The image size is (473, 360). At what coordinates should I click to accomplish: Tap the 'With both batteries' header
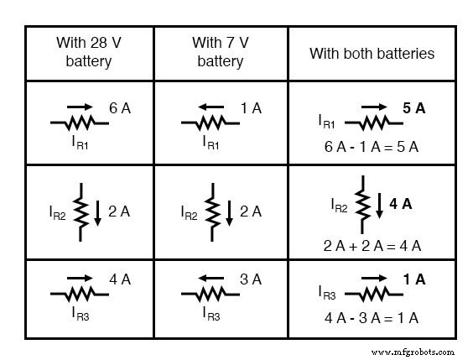(x=372, y=53)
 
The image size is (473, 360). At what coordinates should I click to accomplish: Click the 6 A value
(x=120, y=107)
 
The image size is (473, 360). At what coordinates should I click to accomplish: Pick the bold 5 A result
(x=413, y=107)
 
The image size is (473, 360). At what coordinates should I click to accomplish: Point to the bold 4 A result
(x=400, y=202)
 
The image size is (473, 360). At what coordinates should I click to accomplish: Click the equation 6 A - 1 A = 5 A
(x=372, y=146)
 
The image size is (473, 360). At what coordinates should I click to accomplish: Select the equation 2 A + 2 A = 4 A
(x=372, y=245)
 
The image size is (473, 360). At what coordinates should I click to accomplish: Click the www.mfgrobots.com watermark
(x=413, y=352)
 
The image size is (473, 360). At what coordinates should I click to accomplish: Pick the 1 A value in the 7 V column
(x=250, y=107)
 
